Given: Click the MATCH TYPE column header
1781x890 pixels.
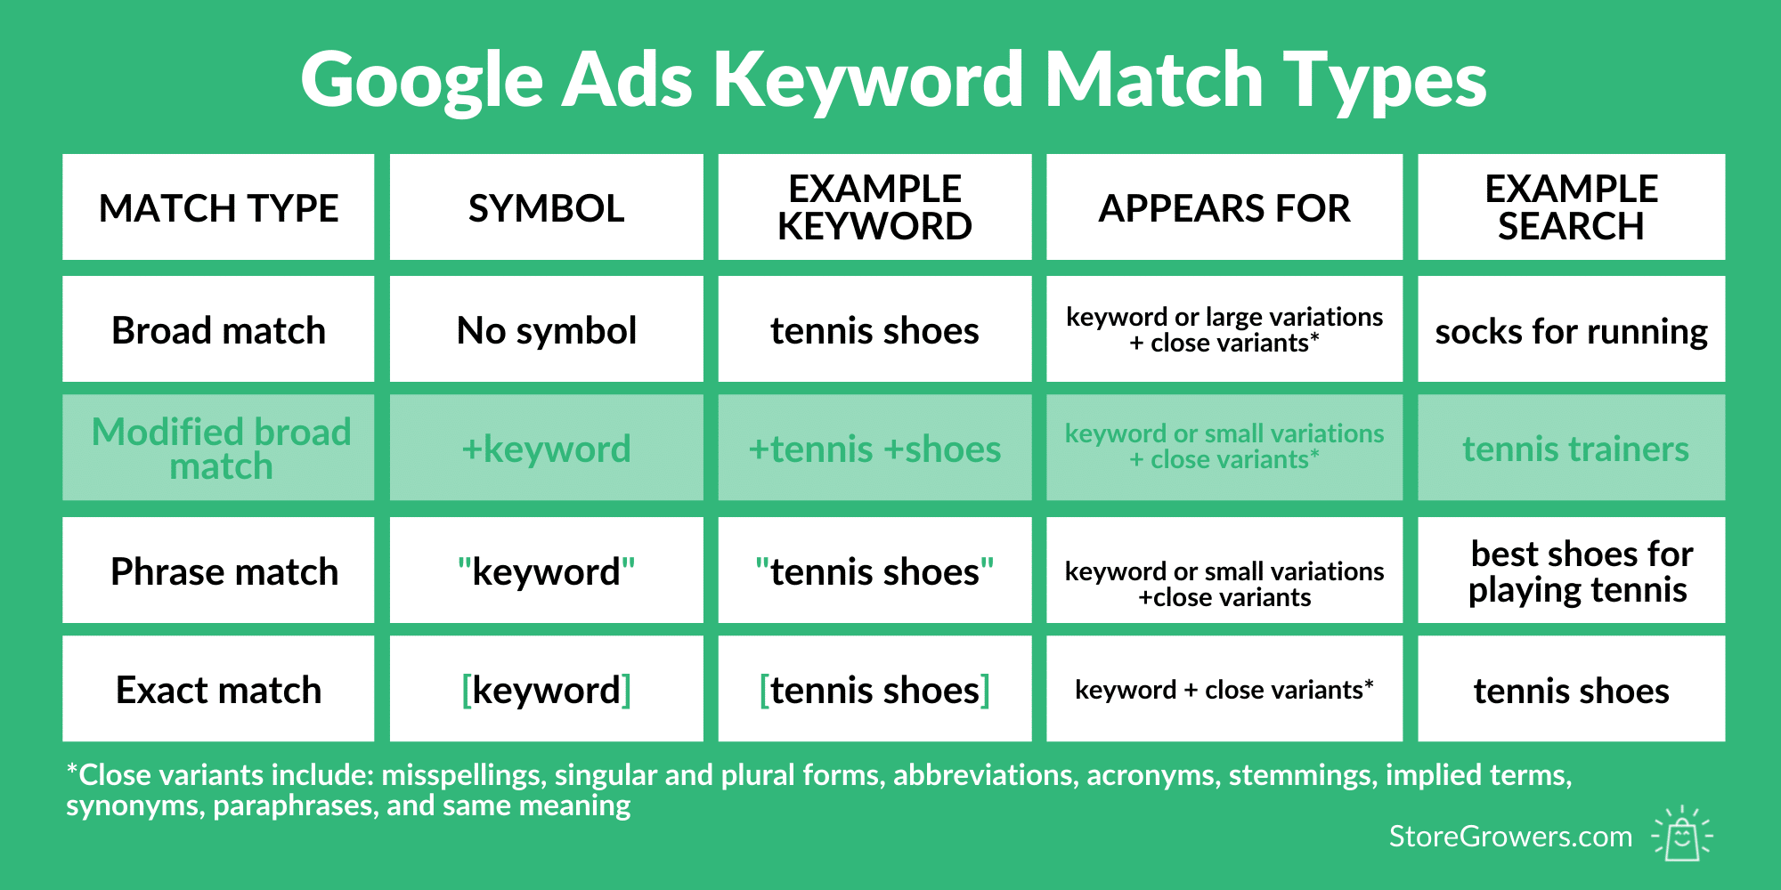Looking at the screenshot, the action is pyautogui.click(x=218, y=207).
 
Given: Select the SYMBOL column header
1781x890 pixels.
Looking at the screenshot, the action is pyautogui.click(x=547, y=207).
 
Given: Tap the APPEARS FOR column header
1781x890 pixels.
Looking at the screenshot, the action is pyautogui.click(x=1224, y=207).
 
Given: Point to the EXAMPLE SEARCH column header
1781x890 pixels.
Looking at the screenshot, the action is pyautogui.click(x=1571, y=207).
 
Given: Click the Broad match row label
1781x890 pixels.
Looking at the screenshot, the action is pyautogui.click(x=218, y=329).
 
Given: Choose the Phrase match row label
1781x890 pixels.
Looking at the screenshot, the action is pyautogui.click(x=218, y=570).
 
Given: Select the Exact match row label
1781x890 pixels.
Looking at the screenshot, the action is pyautogui.click(x=218, y=689).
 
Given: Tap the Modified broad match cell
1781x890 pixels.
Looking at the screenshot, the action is pyautogui.click(x=218, y=448).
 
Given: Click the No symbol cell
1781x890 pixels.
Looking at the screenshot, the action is pyautogui.click(x=547, y=329).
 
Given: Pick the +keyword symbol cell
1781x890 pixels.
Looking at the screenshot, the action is pyautogui.click(x=547, y=448).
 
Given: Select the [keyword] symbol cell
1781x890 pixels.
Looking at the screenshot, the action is pyautogui.click(x=547, y=689).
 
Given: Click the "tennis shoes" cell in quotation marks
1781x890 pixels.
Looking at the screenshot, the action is pyautogui.click(x=874, y=570).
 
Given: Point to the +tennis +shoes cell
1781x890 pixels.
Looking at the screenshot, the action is pyautogui.click(x=874, y=448).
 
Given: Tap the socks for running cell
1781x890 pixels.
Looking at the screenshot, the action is pyautogui.click(x=1571, y=329).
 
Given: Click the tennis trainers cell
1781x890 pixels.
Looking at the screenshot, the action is pyautogui.click(x=1571, y=448).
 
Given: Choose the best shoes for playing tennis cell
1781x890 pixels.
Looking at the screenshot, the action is pyautogui.click(x=1571, y=570).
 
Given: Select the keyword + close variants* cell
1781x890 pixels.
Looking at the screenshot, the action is pyautogui.click(x=1224, y=689).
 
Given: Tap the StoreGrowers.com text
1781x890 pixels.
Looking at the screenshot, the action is pyautogui.click(x=1510, y=837).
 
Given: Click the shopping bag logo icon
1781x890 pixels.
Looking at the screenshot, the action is pyautogui.click(x=1682, y=833).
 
